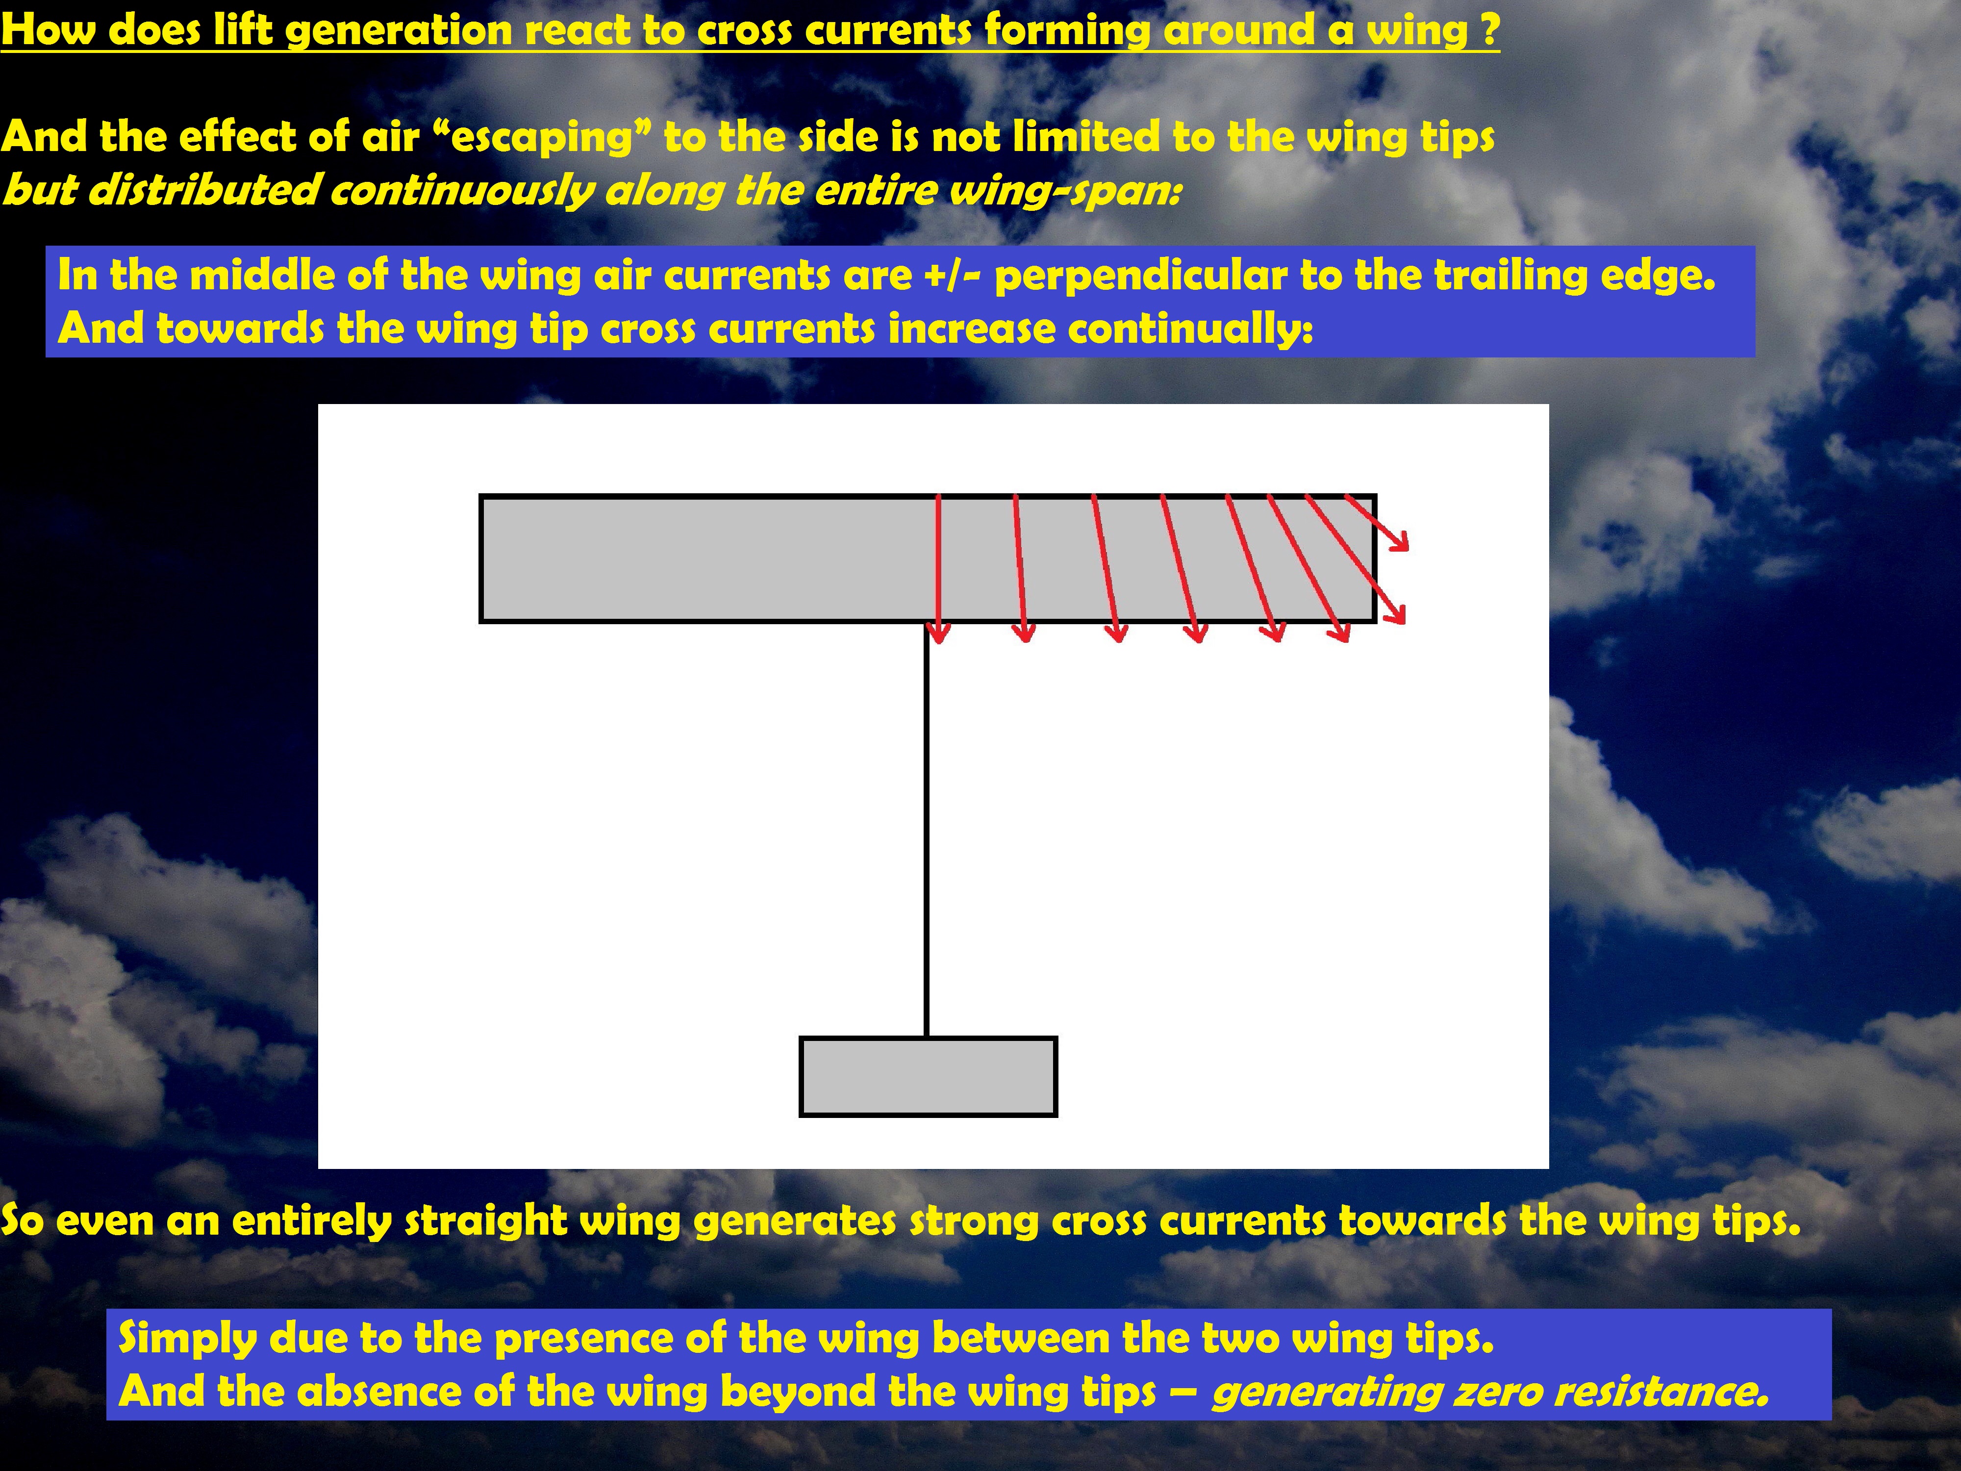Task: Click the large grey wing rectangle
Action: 928,558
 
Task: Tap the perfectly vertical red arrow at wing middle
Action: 938,567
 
